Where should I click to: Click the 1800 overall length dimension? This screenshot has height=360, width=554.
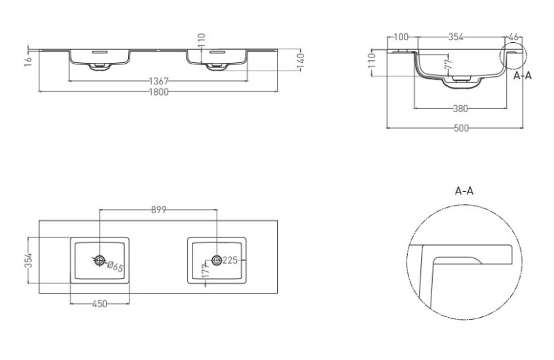coord(159,92)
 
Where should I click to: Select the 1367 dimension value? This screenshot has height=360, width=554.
coord(159,81)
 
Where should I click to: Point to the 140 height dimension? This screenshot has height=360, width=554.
coord(301,60)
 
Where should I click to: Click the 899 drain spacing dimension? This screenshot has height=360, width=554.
coord(159,210)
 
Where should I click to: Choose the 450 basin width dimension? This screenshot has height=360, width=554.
coord(100,304)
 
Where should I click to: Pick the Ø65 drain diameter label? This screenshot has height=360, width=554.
coord(115,267)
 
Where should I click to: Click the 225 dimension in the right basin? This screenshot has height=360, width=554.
coord(230,260)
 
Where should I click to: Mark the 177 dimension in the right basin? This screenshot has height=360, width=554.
coord(206,270)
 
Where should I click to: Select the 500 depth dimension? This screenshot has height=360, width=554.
coord(461,128)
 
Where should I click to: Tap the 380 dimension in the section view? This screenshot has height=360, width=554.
coord(461,109)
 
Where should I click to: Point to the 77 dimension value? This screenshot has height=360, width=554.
coord(449,64)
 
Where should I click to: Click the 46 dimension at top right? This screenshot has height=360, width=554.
coord(513,37)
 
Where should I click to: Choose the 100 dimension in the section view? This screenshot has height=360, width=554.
coord(401,37)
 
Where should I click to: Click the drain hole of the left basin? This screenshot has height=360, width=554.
coord(100,261)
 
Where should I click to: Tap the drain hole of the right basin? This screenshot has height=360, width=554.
coord(217,260)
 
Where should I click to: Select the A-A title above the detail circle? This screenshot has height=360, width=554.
coord(464,191)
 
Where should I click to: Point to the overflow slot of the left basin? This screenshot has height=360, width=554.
coord(100,53)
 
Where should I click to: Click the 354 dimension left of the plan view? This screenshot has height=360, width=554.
coord(29,260)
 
